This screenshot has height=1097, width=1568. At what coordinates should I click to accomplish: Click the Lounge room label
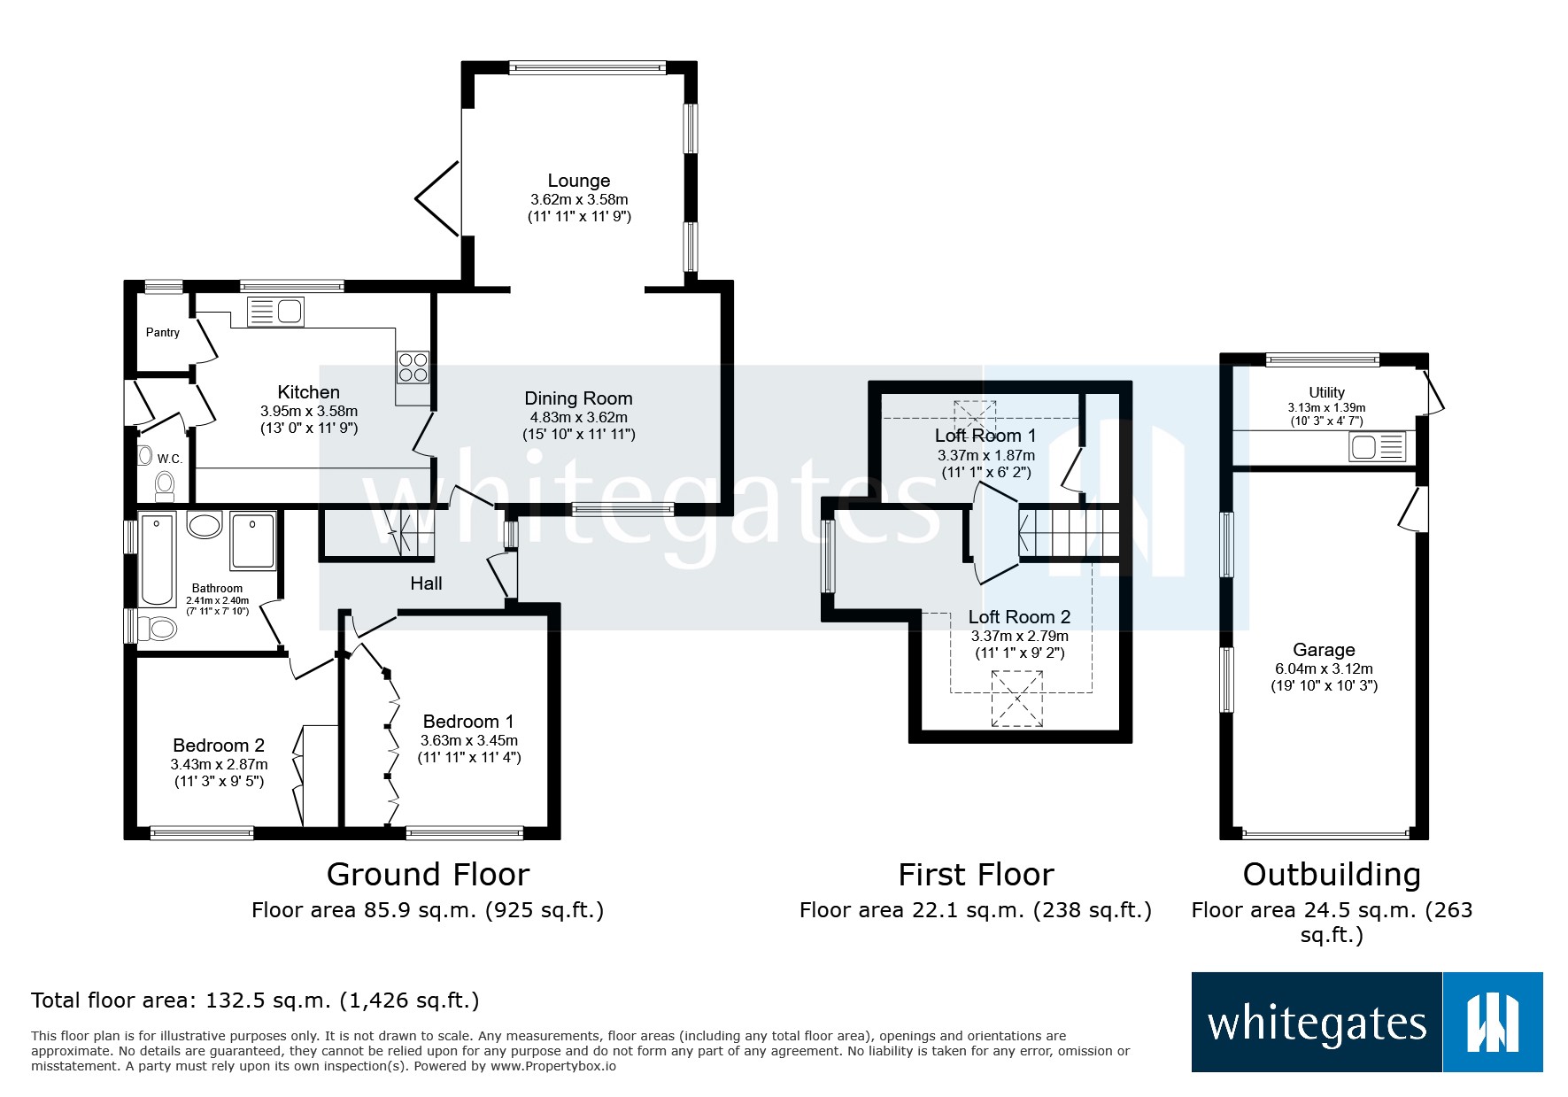(x=578, y=181)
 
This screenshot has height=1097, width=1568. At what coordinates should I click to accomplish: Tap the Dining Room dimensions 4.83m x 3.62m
(x=578, y=417)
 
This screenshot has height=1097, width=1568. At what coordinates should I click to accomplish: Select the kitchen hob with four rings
(x=413, y=367)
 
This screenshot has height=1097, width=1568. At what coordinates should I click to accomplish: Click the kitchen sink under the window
(x=275, y=312)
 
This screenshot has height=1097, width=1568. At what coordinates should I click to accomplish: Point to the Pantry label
(x=163, y=332)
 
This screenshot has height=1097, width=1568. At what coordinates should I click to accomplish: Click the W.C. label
(x=170, y=459)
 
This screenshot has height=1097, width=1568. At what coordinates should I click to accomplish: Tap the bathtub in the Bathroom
(x=158, y=558)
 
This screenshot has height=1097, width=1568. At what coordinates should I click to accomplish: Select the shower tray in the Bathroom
(x=253, y=540)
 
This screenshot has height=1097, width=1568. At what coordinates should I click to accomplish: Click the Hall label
(x=426, y=583)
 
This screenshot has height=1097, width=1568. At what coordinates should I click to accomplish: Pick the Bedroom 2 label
(x=219, y=745)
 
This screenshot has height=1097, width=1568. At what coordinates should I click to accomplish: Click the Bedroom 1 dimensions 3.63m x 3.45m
(x=468, y=740)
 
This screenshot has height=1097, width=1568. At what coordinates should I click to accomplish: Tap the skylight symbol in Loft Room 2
(x=1017, y=699)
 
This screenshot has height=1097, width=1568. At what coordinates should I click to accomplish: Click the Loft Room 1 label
(x=985, y=436)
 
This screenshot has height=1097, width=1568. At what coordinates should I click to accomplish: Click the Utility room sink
(x=1377, y=446)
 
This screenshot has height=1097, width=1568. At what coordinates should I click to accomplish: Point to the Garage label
(x=1324, y=650)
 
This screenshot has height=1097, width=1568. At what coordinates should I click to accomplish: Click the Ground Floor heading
(x=428, y=875)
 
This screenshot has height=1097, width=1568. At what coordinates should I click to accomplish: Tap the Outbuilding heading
(x=1332, y=875)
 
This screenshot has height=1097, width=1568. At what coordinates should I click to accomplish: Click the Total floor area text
(x=255, y=1000)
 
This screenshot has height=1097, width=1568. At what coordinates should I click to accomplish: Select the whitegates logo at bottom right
(x=1366, y=1023)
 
